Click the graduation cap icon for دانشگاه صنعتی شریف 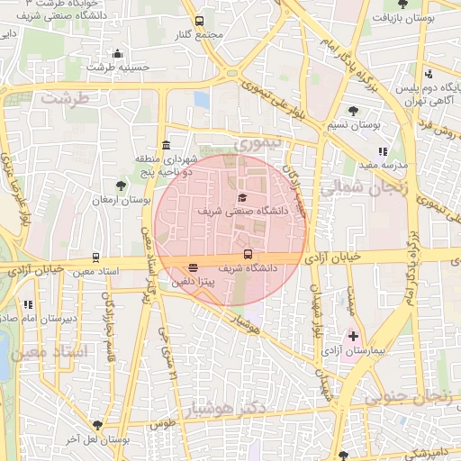point(240,197)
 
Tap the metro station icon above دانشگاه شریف point(249,255)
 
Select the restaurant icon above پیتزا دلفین point(194,267)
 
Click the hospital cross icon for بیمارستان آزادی point(353,336)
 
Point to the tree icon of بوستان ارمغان point(121,185)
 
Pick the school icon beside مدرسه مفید point(383,152)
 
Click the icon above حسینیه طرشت point(116,53)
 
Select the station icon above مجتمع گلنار point(199,21)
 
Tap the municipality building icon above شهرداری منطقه point(166,145)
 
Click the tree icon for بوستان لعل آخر point(97,425)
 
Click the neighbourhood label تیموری point(258,143)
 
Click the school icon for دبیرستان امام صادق point(28,304)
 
